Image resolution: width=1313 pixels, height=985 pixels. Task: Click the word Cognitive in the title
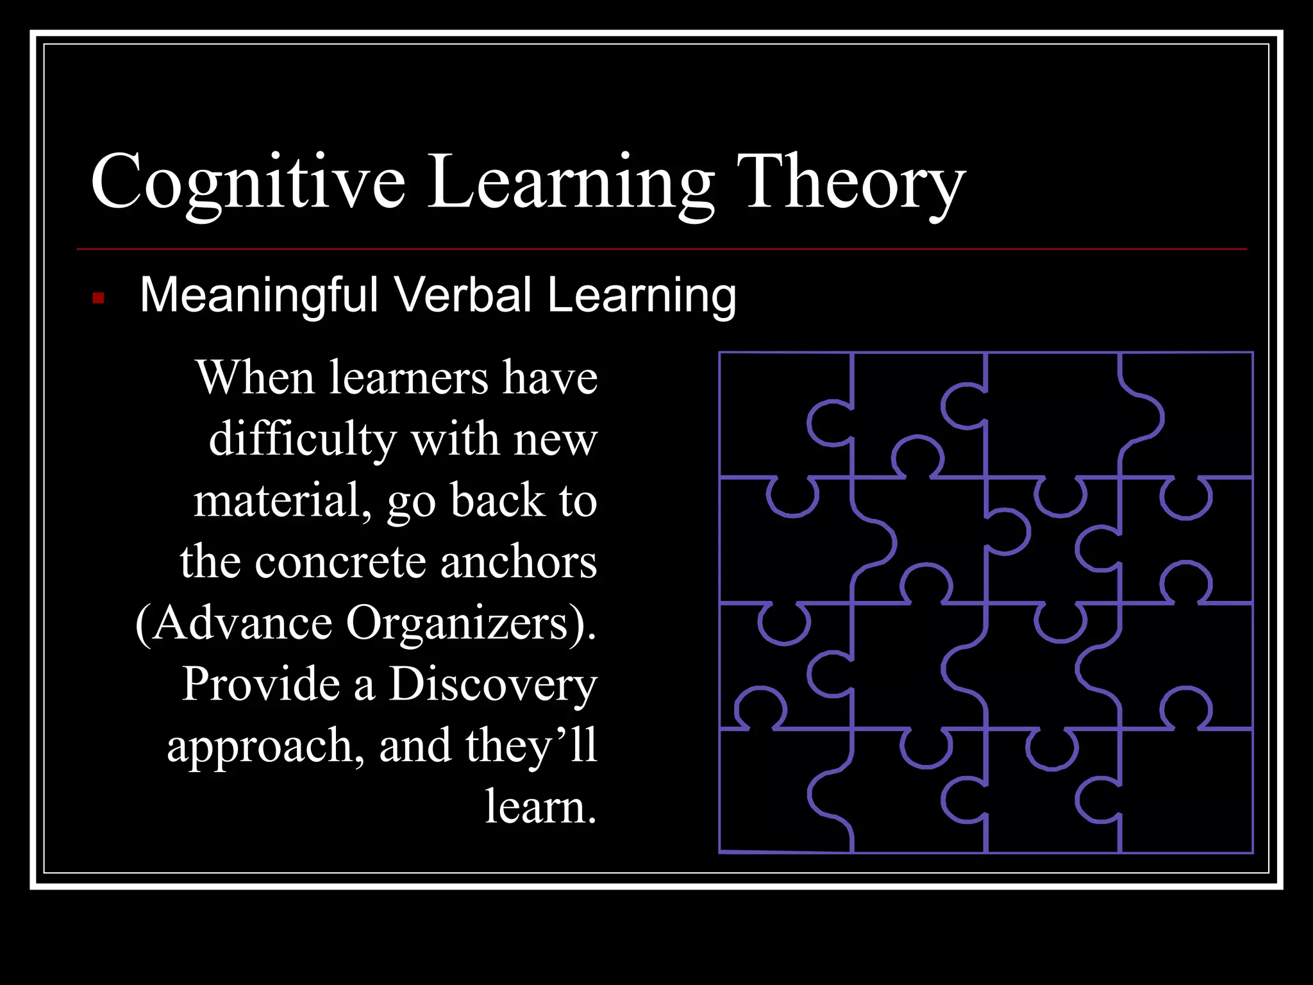(x=247, y=183)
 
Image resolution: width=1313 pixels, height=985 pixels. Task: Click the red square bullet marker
(x=98, y=298)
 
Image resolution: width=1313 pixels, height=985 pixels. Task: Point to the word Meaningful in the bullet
(x=259, y=296)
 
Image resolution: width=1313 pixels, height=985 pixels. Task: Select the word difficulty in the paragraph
(x=302, y=440)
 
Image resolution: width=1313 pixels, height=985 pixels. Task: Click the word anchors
(x=519, y=562)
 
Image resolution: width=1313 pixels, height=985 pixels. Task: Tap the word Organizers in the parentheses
(x=457, y=623)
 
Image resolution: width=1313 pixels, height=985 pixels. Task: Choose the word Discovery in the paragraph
(x=492, y=685)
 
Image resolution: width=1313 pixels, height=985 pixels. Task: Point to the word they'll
(x=531, y=746)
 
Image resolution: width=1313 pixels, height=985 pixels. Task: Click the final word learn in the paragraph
(x=539, y=807)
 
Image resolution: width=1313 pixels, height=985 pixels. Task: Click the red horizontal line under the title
(x=660, y=249)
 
